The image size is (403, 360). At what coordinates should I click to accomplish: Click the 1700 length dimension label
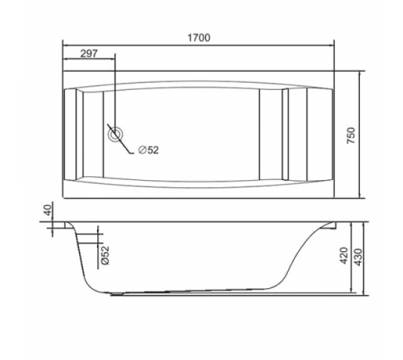point(199,37)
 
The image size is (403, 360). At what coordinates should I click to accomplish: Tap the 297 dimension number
point(89,53)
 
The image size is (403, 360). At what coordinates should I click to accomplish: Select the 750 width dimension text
point(351,135)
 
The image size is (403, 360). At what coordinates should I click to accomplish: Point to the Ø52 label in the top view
point(148,150)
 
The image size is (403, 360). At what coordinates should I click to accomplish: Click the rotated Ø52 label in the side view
point(105,256)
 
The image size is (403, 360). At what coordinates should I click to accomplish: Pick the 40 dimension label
point(47,210)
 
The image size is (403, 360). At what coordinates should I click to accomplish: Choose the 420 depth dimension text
point(344,256)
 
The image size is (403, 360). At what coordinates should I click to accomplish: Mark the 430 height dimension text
point(358,257)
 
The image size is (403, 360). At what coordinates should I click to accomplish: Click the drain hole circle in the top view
point(115,134)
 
